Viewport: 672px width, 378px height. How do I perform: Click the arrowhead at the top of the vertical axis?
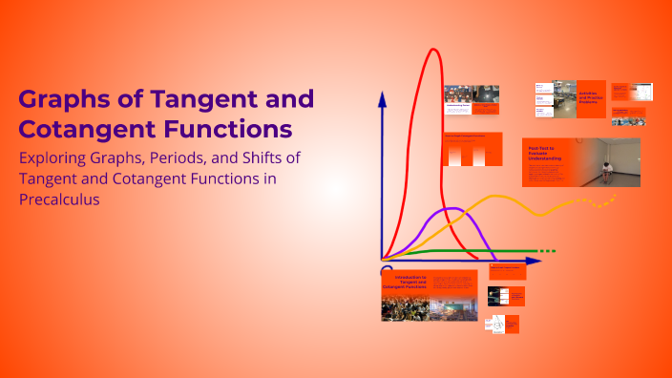click(x=382, y=98)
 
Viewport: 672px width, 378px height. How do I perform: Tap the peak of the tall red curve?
click(x=434, y=51)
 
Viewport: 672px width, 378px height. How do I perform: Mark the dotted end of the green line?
click(x=545, y=251)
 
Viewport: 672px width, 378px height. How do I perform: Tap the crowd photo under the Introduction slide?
click(x=405, y=307)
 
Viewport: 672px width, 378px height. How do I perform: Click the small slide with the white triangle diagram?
click(x=496, y=325)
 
